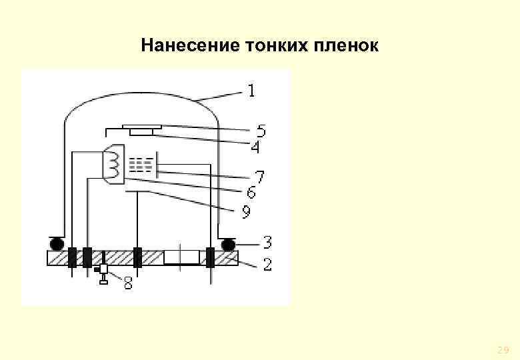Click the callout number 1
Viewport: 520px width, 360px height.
pos(251,90)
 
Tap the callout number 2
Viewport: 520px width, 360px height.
pos(267,265)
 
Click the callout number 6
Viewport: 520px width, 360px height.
pos(251,193)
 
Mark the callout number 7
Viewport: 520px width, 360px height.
pos(260,177)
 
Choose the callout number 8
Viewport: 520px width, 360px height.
pos(127,285)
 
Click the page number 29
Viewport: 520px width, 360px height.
pos(503,350)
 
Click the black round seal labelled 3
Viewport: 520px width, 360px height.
pos(229,244)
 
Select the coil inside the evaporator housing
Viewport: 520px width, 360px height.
pos(113,162)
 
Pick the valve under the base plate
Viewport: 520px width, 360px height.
pos(103,273)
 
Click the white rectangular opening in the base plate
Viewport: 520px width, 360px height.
pos(181,257)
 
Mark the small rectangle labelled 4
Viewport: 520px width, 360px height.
pos(141,131)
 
